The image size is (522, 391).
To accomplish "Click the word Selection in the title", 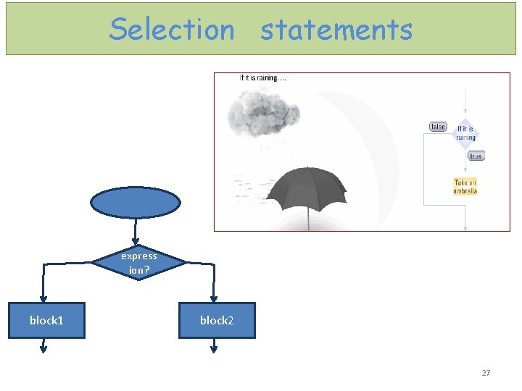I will coord(172,30).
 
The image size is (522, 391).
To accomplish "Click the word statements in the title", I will coord(336,30).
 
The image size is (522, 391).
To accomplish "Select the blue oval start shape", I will coord(135,202).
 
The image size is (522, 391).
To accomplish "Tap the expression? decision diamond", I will coord(138,263).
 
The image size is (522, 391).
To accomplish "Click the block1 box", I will coord(46,320).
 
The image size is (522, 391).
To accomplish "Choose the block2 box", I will coord(217,320).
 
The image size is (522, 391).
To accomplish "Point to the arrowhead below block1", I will coord(43,348).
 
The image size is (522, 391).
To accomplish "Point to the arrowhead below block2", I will coord(214,348).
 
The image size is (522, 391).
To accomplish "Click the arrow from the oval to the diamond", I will coord(136,230).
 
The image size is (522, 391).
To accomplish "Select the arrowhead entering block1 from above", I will coord(43,297).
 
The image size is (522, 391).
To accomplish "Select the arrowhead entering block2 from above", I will coord(214,297).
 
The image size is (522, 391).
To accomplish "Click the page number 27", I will coord(486,373).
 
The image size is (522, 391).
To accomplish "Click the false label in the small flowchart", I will coord(438,127).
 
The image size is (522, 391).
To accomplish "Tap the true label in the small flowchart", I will coord(476,156).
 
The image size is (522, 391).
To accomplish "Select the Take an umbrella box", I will coord(465,187).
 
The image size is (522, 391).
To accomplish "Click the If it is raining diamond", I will coord(465,133).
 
